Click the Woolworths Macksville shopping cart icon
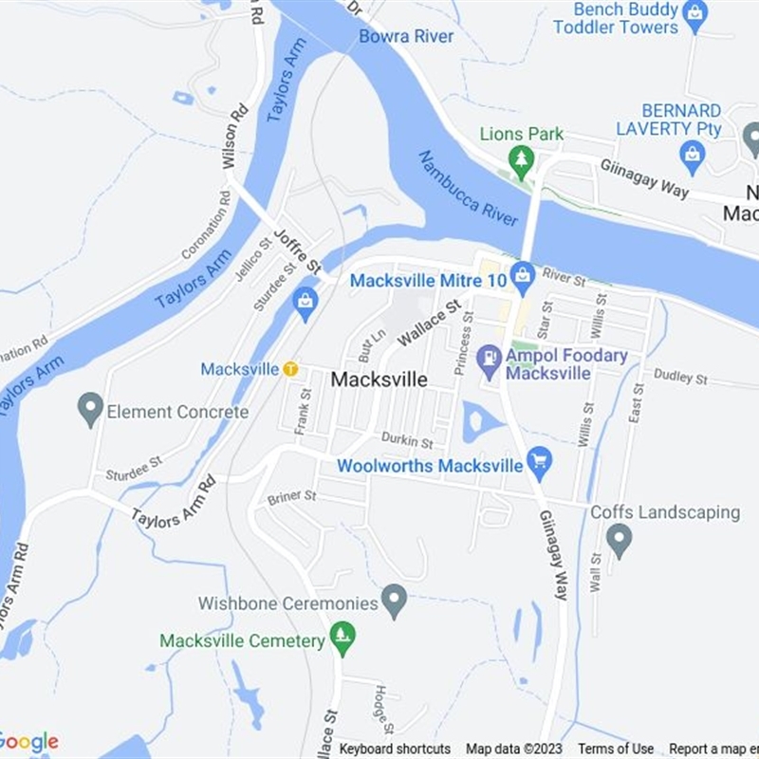tap(539, 460)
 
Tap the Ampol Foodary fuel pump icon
tap(490, 360)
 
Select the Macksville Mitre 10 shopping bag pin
tap(521, 277)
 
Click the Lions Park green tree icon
tap(521, 157)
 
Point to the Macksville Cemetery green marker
tap(342, 636)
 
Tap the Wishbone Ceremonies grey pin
tap(394, 600)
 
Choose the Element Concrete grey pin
tap(90, 408)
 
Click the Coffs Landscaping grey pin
tap(619, 539)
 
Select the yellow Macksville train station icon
tap(290, 368)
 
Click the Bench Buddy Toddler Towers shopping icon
tap(695, 13)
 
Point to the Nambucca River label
tap(468, 188)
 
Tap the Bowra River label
tap(406, 36)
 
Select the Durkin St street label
tap(407, 441)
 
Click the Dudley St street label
tap(680, 378)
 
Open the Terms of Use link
tap(616, 749)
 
